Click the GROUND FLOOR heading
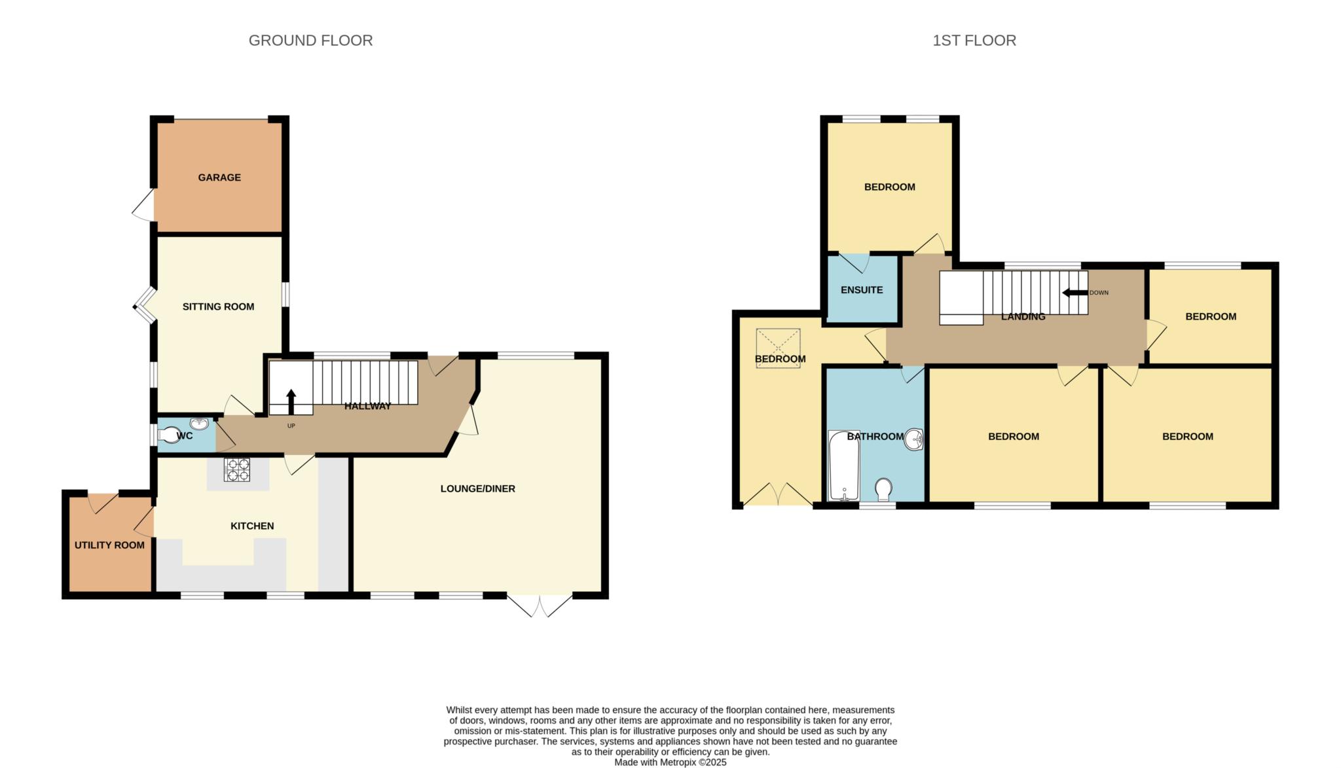click(x=310, y=41)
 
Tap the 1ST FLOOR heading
click(x=974, y=41)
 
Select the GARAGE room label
click(x=219, y=177)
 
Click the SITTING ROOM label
click(x=218, y=306)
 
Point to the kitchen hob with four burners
click(x=237, y=469)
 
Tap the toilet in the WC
click(x=168, y=435)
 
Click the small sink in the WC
click(x=199, y=424)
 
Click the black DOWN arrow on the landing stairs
click(x=1075, y=293)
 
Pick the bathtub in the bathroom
click(x=844, y=466)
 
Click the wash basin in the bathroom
click(x=914, y=440)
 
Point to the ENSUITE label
click(x=862, y=290)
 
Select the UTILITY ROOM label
click(x=109, y=545)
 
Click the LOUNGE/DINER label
click(x=478, y=488)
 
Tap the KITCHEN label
click(x=252, y=526)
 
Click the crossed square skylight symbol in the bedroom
click(x=778, y=348)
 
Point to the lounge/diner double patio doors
click(x=540, y=606)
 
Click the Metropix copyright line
click(x=670, y=763)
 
